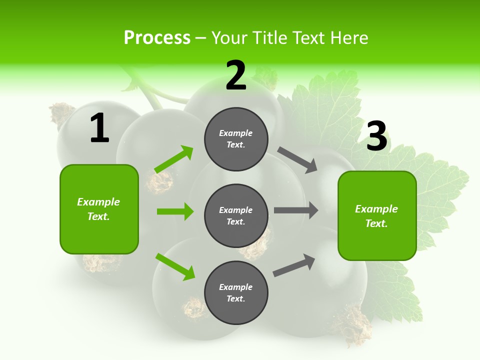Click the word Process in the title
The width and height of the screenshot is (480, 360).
click(157, 37)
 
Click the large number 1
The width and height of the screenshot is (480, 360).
click(99, 128)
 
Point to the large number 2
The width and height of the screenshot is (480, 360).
click(236, 75)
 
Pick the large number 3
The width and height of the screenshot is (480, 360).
click(376, 136)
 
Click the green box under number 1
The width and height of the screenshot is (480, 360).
click(99, 209)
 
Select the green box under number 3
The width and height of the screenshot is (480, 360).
click(377, 216)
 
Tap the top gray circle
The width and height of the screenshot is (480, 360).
click(236, 139)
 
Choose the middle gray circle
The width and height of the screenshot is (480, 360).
click(236, 215)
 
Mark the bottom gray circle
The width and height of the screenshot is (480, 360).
click(236, 292)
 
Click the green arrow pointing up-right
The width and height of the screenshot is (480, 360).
click(174, 159)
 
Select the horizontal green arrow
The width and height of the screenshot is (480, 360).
click(175, 211)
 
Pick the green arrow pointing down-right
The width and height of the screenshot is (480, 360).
click(175, 266)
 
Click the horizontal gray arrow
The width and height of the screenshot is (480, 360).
click(296, 210)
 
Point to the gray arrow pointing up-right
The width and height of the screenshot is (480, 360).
click(294, 265)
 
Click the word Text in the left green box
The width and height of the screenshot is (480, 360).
click(98, 216)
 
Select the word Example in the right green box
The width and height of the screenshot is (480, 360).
click(376, 209)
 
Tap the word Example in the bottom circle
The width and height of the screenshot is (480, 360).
click(236, 287)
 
